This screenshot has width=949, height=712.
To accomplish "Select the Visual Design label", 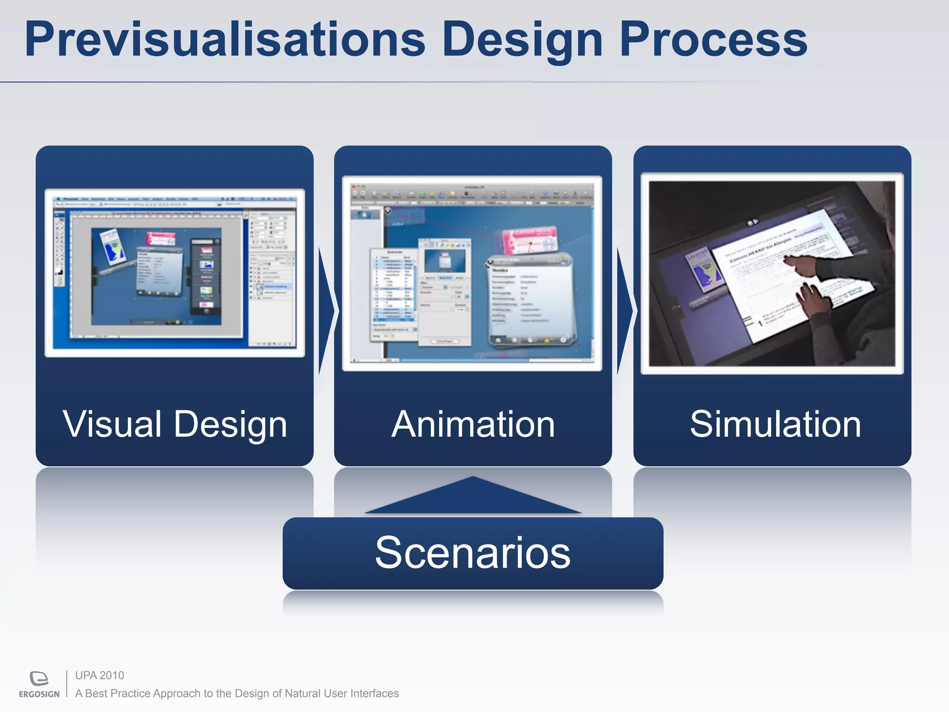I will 175,424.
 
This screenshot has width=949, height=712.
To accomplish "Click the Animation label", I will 473,424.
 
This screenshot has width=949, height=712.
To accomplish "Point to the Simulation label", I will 775,424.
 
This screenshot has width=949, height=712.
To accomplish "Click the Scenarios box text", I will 473,553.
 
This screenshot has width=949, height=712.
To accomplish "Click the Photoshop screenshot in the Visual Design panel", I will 175,273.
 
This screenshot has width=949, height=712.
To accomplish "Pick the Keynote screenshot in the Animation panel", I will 472,273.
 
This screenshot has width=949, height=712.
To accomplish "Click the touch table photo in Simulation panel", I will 772,273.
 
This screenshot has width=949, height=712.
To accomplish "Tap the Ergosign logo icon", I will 39,678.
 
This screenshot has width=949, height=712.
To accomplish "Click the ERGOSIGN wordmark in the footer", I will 39,694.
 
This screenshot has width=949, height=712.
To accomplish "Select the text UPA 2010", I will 100,675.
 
